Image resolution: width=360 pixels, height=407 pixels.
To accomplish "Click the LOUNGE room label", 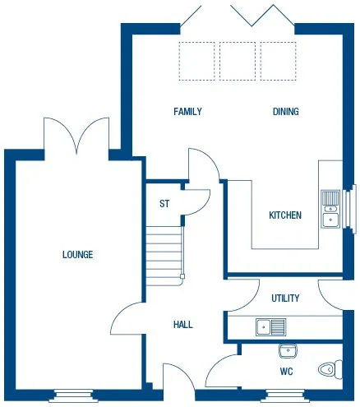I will click(77, 254).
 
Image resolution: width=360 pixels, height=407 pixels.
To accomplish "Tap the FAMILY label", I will click(187, 112).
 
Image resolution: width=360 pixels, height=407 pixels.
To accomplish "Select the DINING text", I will click(285, 112).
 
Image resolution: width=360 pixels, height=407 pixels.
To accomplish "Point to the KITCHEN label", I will click(285, 215).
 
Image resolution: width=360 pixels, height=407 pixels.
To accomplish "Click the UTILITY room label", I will click(285, 298).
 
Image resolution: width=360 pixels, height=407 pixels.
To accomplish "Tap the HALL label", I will click(182, 325).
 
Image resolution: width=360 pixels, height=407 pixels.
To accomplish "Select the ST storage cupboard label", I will click(164, 204).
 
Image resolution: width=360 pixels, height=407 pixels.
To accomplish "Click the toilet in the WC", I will click(330, 370).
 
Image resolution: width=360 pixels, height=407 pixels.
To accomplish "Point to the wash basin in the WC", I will click(287, 352).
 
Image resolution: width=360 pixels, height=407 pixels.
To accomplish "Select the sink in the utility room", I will click(270, 327).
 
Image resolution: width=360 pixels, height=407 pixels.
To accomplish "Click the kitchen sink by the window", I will click(330, 207).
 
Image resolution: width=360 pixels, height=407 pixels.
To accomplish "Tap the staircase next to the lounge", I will click(164, 256).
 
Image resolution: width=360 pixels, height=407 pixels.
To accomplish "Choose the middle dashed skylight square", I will click(238, 61).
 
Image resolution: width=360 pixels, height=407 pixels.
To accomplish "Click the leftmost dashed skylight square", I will click(197, 61).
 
